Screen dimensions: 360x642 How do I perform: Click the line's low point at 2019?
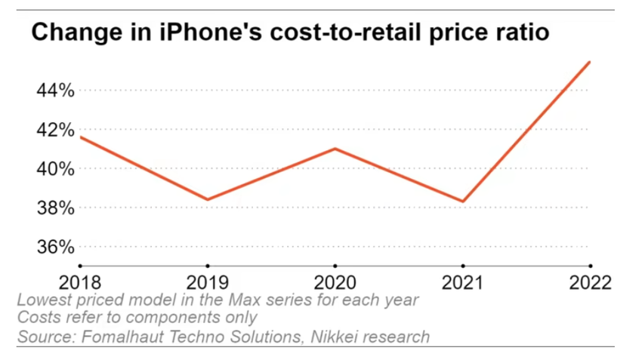[x=207, y=199]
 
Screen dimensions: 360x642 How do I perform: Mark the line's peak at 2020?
[x=335, y=149]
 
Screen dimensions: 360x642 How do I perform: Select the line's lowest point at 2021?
[x=462, y=202]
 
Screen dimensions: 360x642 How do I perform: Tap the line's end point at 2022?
[x=590, y=62]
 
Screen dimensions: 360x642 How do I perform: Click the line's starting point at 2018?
[x=79, y=137]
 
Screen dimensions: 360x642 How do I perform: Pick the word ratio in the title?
[x=518, y=33]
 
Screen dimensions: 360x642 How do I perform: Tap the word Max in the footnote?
[x=219, y=300]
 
